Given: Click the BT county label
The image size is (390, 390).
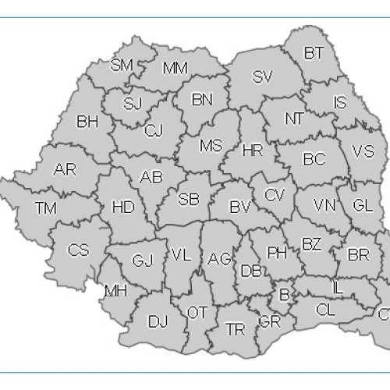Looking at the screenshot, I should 314,53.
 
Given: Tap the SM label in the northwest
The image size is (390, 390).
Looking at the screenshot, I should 122,65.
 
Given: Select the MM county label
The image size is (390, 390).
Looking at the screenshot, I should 175,68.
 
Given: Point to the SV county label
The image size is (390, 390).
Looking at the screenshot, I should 262,76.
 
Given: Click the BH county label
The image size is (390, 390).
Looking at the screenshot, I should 87,122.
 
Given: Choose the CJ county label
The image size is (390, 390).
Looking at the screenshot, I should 153,130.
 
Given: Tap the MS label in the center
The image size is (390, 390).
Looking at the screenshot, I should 211,146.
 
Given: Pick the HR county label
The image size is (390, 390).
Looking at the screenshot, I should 253,150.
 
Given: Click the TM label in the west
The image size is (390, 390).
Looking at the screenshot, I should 46,207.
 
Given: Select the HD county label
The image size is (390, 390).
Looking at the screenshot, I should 123,207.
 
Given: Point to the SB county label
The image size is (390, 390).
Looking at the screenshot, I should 189,199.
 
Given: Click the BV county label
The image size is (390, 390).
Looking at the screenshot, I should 239,207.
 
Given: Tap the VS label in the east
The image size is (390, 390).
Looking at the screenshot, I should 363,151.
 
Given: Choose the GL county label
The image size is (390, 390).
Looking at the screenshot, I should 362,205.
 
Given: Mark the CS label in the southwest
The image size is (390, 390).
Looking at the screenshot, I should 78,250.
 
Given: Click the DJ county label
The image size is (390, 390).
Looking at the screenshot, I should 158,321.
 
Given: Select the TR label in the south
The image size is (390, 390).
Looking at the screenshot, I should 235,329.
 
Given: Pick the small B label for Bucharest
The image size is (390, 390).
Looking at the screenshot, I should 284,295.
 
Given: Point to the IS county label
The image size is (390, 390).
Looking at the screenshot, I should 339,102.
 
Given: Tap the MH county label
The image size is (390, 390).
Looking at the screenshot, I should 115,292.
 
